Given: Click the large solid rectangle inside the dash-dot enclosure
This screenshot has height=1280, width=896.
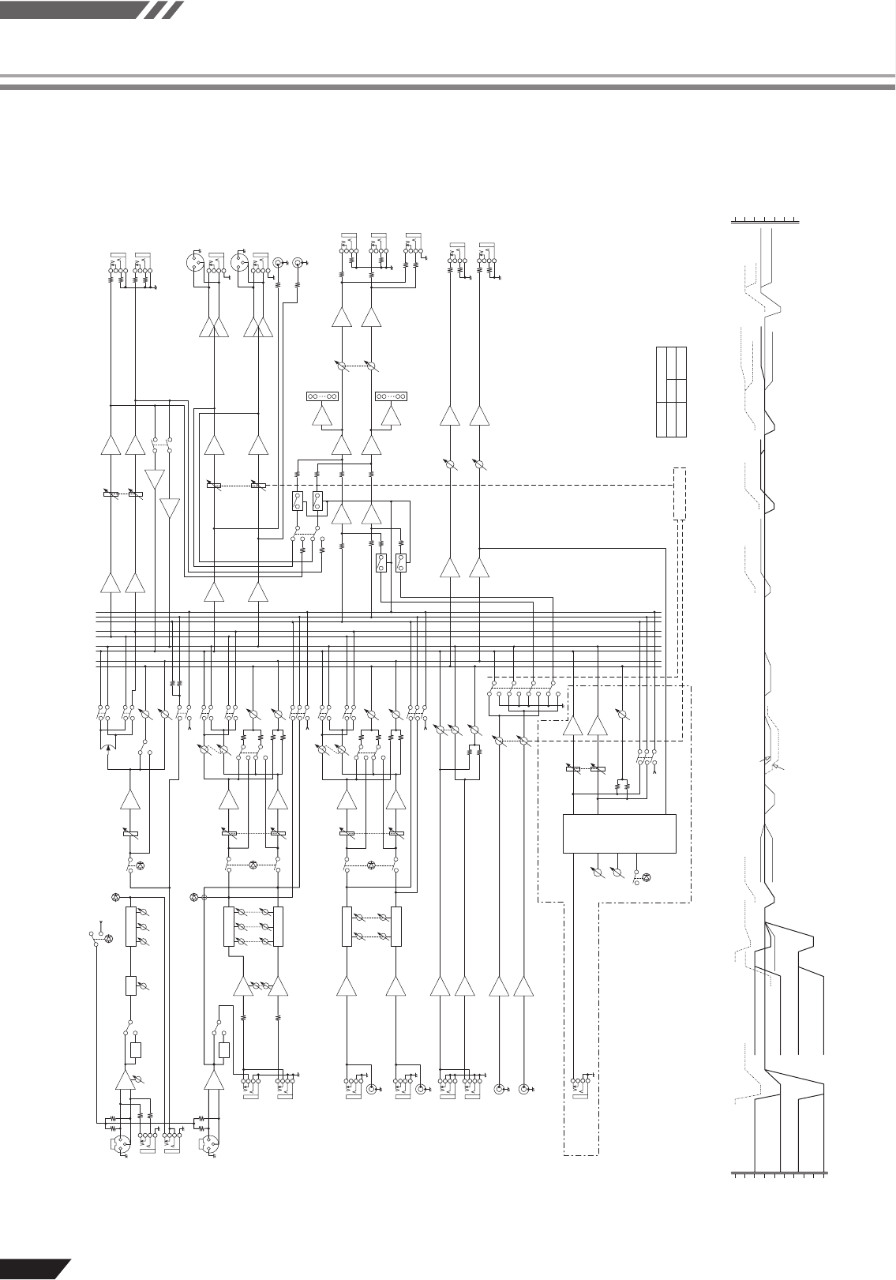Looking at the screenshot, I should click(619, 833).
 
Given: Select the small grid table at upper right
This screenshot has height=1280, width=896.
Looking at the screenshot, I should click(671, 392).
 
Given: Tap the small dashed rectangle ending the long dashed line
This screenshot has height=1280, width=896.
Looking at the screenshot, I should click(680, 494).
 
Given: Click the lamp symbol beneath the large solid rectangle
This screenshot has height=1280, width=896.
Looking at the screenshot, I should click(647, 876).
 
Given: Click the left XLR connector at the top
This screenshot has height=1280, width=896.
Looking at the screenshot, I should click(195, 261).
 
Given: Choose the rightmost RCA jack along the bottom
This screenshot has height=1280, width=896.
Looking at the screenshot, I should click(522, 1090).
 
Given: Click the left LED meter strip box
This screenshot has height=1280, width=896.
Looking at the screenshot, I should click(322, 396).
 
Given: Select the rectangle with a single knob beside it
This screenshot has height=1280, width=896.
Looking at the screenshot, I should click(131, 985).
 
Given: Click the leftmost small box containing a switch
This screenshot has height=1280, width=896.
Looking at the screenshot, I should click(297, 501).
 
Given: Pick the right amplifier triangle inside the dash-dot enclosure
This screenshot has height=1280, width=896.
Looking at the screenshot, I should click(598, 726).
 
